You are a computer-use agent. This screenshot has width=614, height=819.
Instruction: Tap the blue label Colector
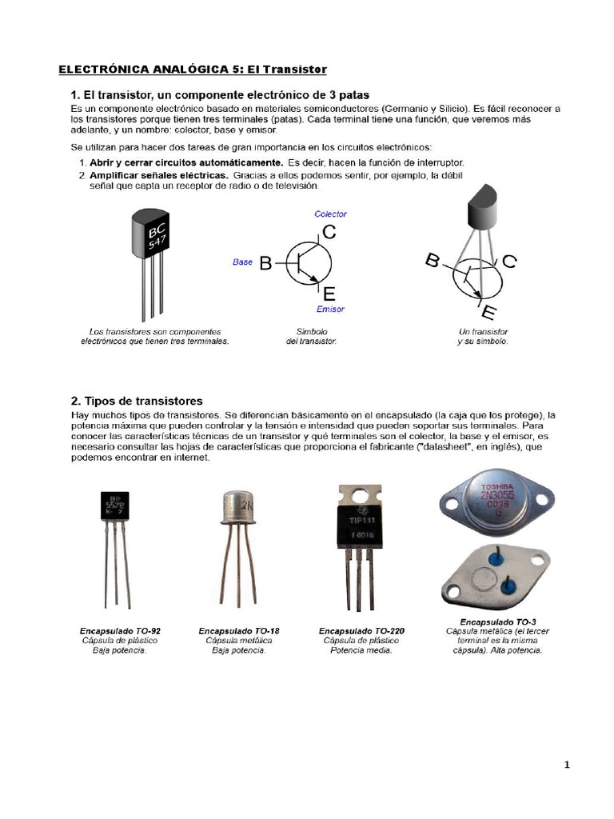pos(330,214)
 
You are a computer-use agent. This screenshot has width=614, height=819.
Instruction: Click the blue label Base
pos(242,262)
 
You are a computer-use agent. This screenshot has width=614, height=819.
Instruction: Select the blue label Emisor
pos(330,309)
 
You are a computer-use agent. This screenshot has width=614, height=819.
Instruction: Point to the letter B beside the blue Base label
pos(266,264)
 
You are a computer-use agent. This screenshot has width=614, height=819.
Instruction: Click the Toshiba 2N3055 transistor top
pos(496,501)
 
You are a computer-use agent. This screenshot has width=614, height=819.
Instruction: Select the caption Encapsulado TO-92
pos(119,631)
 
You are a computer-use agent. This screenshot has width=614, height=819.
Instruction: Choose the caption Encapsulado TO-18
pos(238,631)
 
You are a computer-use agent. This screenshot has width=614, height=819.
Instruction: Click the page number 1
pos(567,765)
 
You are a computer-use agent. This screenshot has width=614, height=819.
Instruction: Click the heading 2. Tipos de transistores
pos(137,401)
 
